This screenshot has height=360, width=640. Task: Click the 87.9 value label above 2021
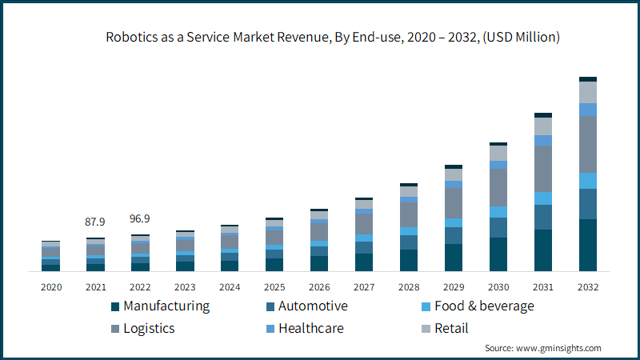(95, 222)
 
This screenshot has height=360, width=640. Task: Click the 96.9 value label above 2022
(140, 218)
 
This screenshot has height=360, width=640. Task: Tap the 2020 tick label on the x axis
(50, 286)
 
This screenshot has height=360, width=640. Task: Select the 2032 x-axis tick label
(588, 286)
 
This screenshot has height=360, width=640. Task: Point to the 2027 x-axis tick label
(364, 286)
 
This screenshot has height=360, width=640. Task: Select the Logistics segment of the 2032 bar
(588, 144)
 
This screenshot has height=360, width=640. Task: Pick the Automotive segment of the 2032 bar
(588, 203)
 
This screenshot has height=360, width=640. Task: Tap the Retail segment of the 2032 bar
(588, 92)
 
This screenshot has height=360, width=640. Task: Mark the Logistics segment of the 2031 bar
(543, 168)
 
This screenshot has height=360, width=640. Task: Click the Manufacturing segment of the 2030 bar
(498, 254)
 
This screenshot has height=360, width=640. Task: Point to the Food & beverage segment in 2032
(588, 180)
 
